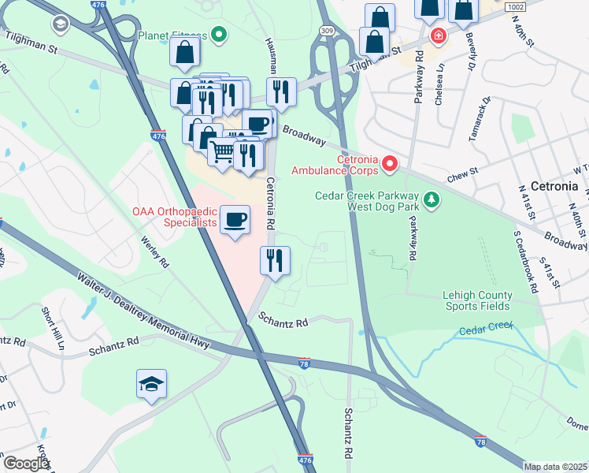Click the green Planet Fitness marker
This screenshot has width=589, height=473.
tap(220, 35)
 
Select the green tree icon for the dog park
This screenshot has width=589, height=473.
tap(431, 200)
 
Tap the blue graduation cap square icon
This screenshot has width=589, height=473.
tap(151, 384)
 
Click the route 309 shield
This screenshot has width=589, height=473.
tap(328, 29)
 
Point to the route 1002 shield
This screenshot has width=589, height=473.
tap(515, 6)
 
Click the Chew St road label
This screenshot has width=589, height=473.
tap(462, 171)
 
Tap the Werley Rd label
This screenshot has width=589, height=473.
tap(155, 249)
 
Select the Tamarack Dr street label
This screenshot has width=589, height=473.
tap(479, 118)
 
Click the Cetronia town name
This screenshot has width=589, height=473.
tap(554, 187)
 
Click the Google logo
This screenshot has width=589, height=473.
tap(25, 463)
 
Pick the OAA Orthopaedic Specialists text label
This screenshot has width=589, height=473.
tap(174, 217)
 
